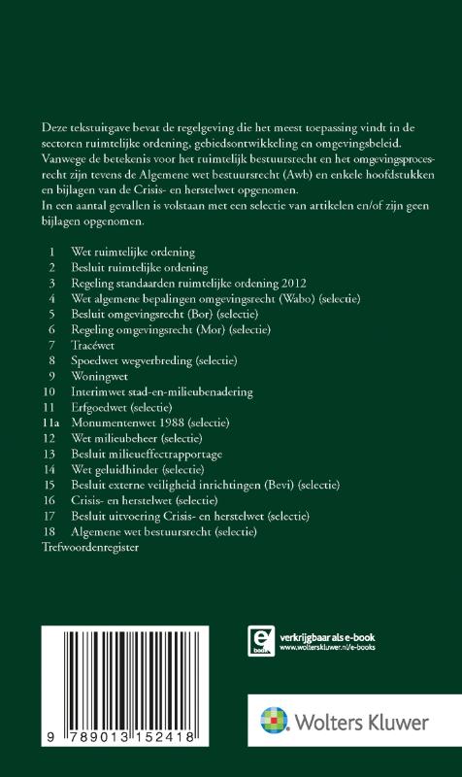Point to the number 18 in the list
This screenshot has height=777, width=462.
51,533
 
